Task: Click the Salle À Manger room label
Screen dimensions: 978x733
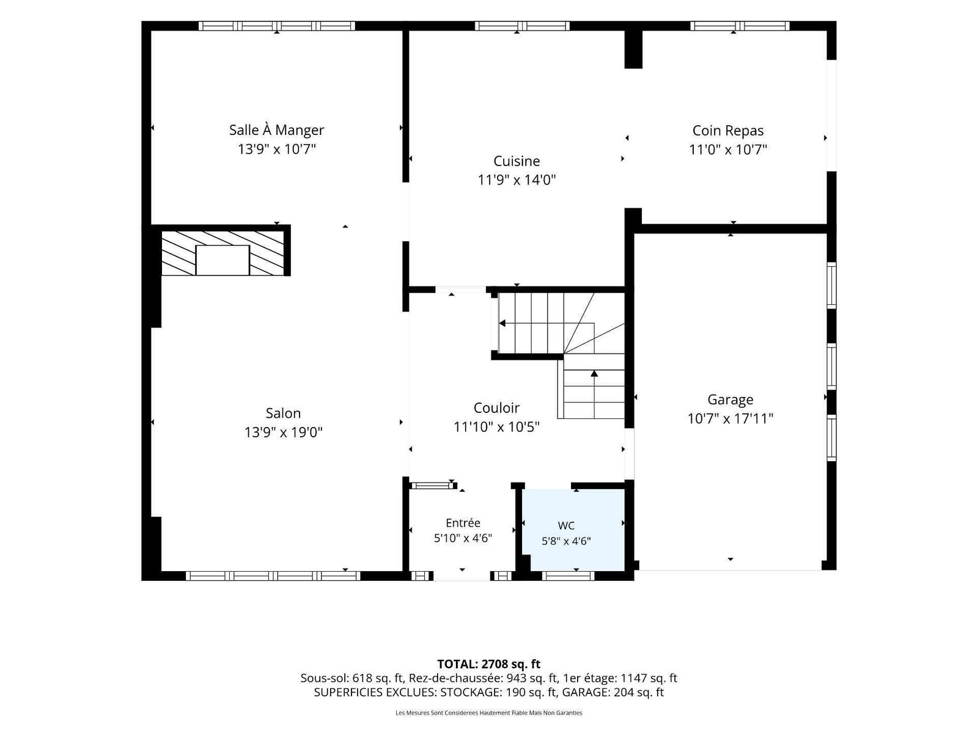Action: [x=276, y=130]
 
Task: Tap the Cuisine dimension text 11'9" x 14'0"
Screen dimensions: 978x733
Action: [x=517, y=180]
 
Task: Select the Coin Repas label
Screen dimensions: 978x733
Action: [x=727, y=131]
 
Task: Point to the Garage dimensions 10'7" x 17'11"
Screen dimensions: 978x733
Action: [x=730, y=419]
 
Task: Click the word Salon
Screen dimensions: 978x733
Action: [x=283, y=413]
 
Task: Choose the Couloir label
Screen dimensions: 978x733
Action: [x=496, y=407]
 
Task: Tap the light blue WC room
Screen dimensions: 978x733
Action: [x=573, y=530]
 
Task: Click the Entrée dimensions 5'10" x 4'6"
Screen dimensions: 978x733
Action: [x=463, y=538]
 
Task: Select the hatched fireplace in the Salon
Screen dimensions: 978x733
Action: [x=222, y=253]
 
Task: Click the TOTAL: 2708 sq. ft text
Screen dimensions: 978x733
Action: [x=489, y=664]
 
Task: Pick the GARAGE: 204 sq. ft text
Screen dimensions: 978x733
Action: [x=612, y=693]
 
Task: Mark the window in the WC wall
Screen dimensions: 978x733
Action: [x=568, y=576]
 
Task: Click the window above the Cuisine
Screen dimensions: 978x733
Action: [x=522, y=26]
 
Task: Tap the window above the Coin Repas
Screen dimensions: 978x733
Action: [x=740, y=26]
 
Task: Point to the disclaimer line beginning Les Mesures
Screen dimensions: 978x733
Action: [x=489, y=713]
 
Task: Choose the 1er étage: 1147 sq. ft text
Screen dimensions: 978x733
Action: [x=620, y=678]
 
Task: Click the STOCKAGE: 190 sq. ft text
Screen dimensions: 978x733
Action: [x=499, y=693]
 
